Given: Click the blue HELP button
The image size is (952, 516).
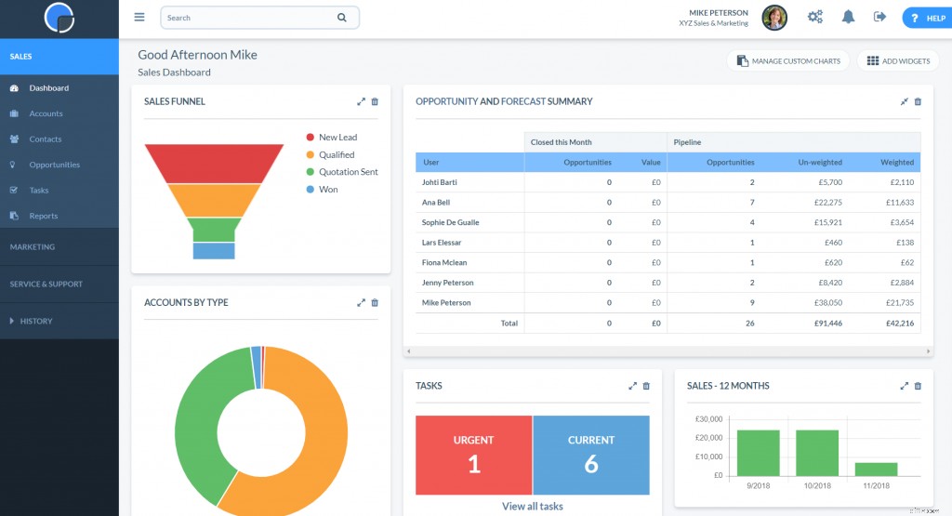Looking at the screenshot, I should pos(926,18).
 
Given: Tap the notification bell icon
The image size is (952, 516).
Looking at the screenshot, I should pos(848,17).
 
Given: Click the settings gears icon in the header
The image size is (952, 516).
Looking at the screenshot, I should pos(815,17).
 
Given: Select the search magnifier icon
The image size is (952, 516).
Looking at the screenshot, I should pos(341,18).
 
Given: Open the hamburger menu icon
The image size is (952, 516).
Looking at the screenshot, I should pos(139,17).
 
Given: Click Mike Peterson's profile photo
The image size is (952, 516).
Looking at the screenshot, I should pos(774,17).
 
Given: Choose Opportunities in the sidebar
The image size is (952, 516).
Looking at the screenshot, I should pos(54,165).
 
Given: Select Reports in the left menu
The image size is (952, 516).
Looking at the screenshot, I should pos(43,216).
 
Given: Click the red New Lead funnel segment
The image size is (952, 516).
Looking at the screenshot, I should pos(214,163).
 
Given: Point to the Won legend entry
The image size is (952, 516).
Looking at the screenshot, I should pos(328,190).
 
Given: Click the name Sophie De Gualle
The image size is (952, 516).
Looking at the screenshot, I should pos(451,222).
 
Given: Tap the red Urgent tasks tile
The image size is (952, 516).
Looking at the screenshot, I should pos(473,455).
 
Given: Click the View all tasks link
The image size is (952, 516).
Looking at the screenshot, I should pos(532,507).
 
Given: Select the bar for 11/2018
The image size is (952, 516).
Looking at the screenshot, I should pos(876,470).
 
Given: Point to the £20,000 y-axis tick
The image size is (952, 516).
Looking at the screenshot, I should pos(709,438).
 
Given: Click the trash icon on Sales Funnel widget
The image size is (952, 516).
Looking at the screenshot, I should pos(375,101).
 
